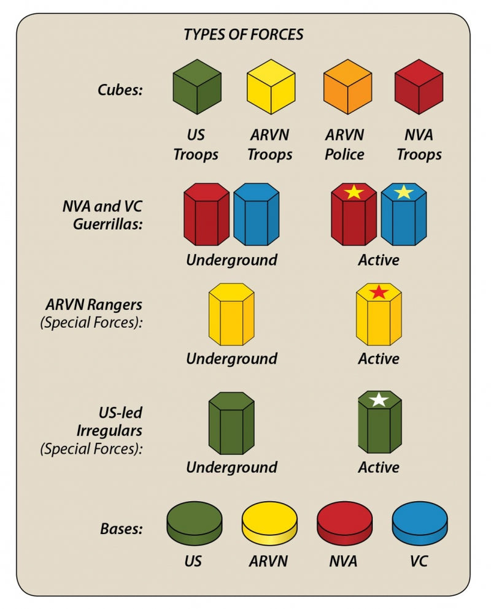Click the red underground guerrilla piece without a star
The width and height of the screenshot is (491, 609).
pos(206,215)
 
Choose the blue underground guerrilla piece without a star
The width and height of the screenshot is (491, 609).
pos(256,215)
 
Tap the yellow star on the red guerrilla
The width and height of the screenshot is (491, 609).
pos(354,192)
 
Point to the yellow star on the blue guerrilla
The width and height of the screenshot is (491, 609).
pos(403,192)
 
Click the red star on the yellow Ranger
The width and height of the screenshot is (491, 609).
pos(379,292)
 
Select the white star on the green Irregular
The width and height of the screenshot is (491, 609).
pos(379,400)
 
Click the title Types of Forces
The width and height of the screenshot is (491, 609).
pos(244,34)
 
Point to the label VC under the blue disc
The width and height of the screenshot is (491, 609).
pos(419,561)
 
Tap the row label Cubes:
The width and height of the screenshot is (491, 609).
pos(120,90)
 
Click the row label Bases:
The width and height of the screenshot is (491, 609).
pos(120,528)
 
